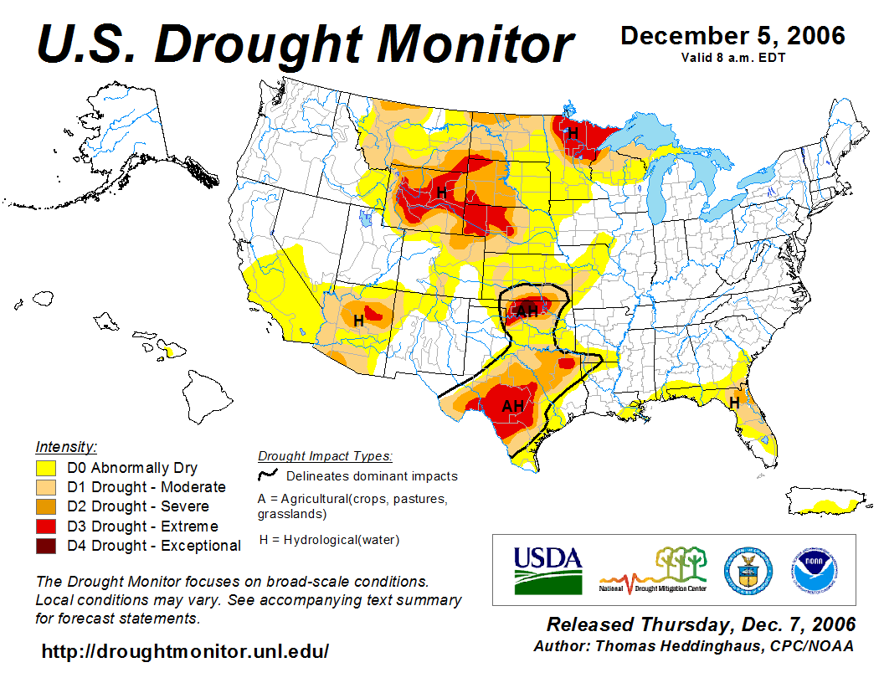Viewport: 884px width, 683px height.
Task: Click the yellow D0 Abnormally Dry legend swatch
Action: coord(46,468)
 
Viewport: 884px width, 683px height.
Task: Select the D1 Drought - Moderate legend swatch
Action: coord(46,487)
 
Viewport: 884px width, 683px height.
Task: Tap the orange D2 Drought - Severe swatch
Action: coord(46,506)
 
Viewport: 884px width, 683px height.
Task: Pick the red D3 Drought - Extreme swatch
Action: coord(46,526)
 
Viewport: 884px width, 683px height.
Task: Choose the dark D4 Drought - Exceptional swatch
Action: coord(46,546)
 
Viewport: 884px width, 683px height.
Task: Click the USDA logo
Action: coord(547,570)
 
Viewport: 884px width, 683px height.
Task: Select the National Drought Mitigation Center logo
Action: coord(654,570)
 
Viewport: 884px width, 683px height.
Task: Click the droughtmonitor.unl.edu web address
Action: coord(185,650)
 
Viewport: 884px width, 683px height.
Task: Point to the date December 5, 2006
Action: coord(732,36)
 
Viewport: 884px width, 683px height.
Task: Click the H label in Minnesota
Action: coord(573,133)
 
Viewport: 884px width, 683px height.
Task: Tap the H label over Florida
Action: coord(734,403)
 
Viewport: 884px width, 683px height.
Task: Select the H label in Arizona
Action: coord(358,320)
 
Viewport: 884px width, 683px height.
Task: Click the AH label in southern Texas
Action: coord(512,407)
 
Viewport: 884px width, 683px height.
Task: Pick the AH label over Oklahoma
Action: coord(527,311)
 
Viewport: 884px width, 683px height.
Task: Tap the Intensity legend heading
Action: coord(66,446)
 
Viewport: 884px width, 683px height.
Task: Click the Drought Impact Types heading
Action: coord(325,456)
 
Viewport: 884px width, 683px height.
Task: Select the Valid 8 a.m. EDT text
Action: coord(732,57)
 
